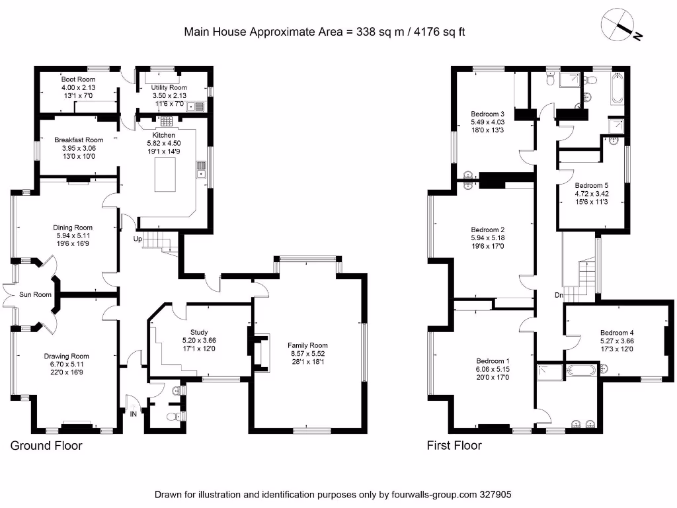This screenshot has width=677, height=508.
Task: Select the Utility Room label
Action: pyautogui.click(x=169, y=87)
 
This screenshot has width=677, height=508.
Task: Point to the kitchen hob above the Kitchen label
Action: pyautogui.click(x=165, y=121)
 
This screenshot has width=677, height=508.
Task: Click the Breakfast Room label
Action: pyautogui.click(x=79, y=140)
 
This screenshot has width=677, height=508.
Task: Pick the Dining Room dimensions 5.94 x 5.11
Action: pyautogui.click(x=72, y=235)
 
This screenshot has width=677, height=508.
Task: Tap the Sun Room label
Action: pyautogui.click(x=34, y=294)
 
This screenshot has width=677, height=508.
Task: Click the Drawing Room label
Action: pyautogui.click(x=71, y=356)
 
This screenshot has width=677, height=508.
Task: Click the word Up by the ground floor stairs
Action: pyautogui.click(x=138, y=238)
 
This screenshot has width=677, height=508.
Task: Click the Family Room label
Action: pyautogui.click(x=307, y=345)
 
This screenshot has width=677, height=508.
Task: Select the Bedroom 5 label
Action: pyautogui.click(x=591, y=185)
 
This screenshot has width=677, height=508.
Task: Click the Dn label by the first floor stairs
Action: pyautogui.click(x=559, y=295)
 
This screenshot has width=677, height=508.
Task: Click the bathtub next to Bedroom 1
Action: pyautogui.click(x=582, y=372)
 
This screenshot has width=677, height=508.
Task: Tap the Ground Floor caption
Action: pyautogui.click(x=46, y=445)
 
